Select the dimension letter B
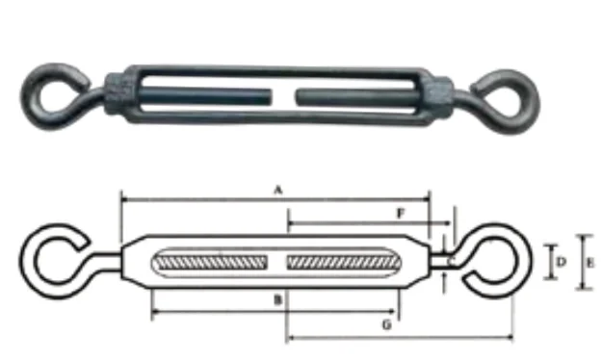pos(277,300)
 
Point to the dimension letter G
pos(386,325)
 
